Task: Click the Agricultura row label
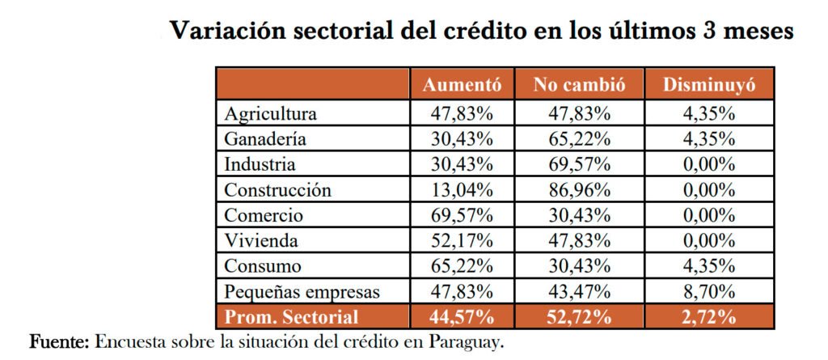271,113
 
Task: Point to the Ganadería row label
265,139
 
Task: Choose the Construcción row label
278,191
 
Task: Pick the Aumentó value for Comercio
463,216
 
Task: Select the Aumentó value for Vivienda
463,241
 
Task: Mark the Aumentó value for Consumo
463,266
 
